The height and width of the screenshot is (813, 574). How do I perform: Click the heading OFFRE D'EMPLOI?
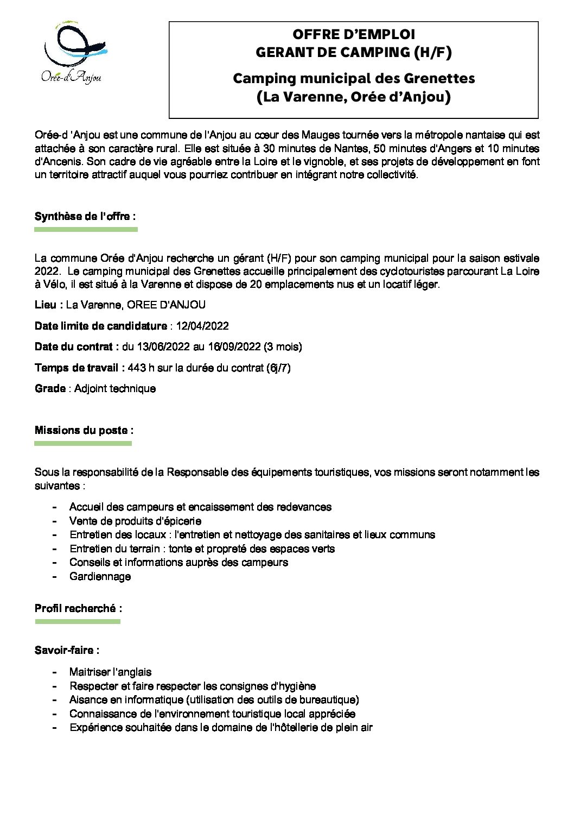(354, 34)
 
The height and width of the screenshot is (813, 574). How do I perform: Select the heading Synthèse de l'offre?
(85, 216)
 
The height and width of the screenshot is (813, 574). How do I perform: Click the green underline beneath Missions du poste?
(83, 444)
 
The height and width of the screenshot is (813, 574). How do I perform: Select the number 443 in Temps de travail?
(137, 368)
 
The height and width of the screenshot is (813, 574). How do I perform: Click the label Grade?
(50, 388)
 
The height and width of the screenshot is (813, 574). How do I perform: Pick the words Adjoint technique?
(115, 388)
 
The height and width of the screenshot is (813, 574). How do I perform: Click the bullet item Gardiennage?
(100, 576)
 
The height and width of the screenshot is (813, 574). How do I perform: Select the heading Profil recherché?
(78, 608)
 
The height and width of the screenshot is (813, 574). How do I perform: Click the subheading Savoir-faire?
(67, 650)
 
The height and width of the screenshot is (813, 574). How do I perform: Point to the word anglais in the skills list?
(132, 672)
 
